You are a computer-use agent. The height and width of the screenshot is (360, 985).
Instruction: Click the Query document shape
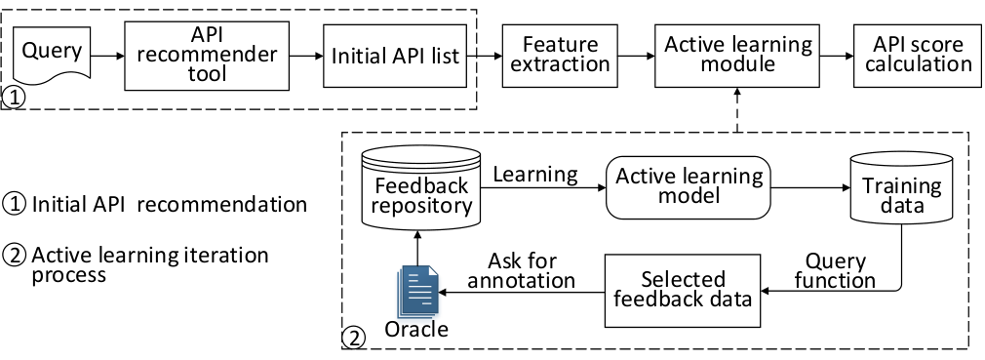[x=52, y=55]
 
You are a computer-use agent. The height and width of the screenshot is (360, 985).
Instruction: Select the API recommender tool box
[x=207, y=56]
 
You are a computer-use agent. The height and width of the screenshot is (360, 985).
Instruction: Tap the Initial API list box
[x=395, y=56]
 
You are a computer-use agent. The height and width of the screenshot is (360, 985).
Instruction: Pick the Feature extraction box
[x=560, y=56]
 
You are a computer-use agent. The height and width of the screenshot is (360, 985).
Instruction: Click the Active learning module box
[x=737, y=56]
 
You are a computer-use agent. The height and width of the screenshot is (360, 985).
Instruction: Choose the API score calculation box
[x=917, y=56]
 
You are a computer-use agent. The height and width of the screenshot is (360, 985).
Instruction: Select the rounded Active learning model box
[x=688, y=188]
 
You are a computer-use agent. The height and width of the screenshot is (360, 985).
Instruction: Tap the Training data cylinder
[x=901, y=187]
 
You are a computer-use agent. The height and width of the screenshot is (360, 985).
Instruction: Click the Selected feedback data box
[x=683, y=290]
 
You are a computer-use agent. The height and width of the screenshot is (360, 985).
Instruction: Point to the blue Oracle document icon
[x=417, y=291]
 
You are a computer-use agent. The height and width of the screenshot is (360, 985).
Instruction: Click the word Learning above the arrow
[x=535, y=175]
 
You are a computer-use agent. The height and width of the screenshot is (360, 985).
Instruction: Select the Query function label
[x=835, y=271]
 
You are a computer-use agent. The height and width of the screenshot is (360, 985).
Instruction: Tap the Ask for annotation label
[x=522, y=271]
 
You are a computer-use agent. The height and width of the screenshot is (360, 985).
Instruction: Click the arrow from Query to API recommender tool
[x=107, y=56]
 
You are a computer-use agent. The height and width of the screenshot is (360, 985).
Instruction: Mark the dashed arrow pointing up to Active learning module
[x=737, y=110]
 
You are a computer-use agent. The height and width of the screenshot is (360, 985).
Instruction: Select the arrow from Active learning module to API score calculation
[x=836, y=56]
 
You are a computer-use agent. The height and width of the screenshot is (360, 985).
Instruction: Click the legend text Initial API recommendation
[x=170, y=205]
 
